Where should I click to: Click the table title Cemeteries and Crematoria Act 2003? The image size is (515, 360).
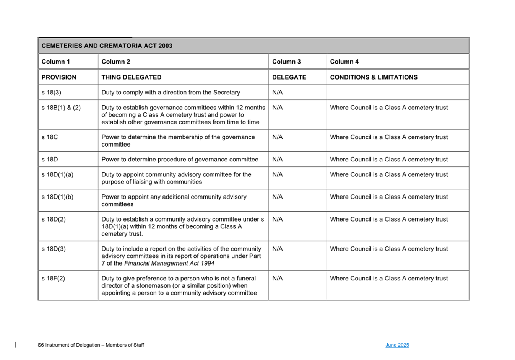[107, 46]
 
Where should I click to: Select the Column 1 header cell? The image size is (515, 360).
[55, 62]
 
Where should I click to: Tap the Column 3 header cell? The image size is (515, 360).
[286, 62]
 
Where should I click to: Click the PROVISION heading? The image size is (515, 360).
[59, 77]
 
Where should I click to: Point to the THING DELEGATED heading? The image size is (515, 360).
[131, 77]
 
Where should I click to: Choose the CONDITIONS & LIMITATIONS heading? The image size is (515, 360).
[374, 77]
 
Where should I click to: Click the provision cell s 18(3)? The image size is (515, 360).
[51, 93]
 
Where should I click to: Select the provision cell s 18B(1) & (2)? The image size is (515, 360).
[61, 108]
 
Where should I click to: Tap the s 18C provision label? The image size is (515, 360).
[50, 137]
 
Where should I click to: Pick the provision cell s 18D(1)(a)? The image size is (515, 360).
[57, 175]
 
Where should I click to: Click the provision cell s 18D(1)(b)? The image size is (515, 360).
[57, 197]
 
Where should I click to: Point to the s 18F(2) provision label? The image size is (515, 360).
[53, 279]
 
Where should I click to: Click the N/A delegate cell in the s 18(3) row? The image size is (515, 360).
[277, 93]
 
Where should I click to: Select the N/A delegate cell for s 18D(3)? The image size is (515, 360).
[277, 249]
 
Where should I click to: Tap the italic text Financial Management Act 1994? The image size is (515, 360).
[169, 264]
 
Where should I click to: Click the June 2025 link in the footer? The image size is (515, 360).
[397, 345]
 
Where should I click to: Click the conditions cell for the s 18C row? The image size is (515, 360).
[389, 137]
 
